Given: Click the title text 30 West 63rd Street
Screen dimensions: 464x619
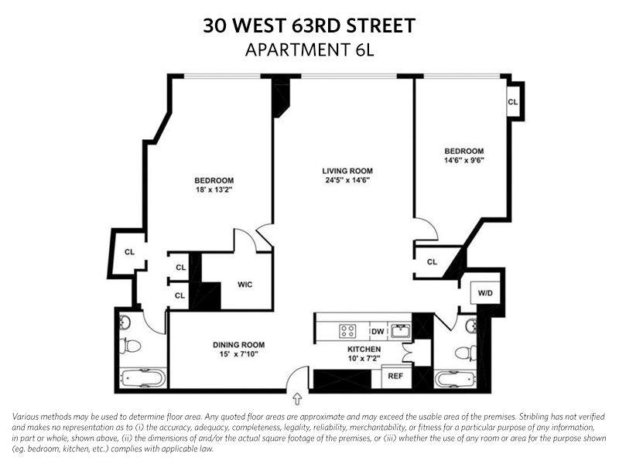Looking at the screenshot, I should (309, 26).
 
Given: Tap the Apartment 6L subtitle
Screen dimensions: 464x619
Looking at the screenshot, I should (309, 50).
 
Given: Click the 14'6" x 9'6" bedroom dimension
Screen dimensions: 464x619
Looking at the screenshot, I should (463, 161).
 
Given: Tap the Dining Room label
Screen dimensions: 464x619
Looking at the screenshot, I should (239, 345).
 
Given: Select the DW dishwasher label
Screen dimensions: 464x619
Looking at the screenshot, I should (378, 331).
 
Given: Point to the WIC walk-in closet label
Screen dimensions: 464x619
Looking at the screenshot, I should (245, 285).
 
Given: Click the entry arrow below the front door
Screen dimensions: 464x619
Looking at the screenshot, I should (298, 399).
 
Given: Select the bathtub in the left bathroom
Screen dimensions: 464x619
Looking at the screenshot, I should (143, 380).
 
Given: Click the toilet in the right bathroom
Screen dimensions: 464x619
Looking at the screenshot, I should (463, 353).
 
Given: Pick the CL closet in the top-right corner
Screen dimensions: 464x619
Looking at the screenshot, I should (513, 101).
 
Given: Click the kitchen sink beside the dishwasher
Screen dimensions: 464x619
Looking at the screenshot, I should (401, 331).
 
